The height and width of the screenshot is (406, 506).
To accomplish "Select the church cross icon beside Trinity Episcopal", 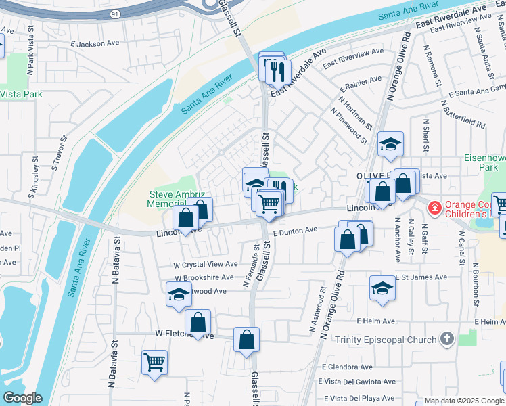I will tap(446, 338).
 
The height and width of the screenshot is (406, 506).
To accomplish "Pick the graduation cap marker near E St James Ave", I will tap(382, 288).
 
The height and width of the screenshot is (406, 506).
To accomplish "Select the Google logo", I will tap(22, 398).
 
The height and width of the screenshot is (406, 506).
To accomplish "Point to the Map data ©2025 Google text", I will tap(463, 401).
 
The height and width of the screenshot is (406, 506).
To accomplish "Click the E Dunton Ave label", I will tap(295, 231).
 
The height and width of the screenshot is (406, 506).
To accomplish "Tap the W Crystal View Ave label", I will tap(206, 264).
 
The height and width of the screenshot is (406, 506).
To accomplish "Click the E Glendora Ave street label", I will tap(348, 367).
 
